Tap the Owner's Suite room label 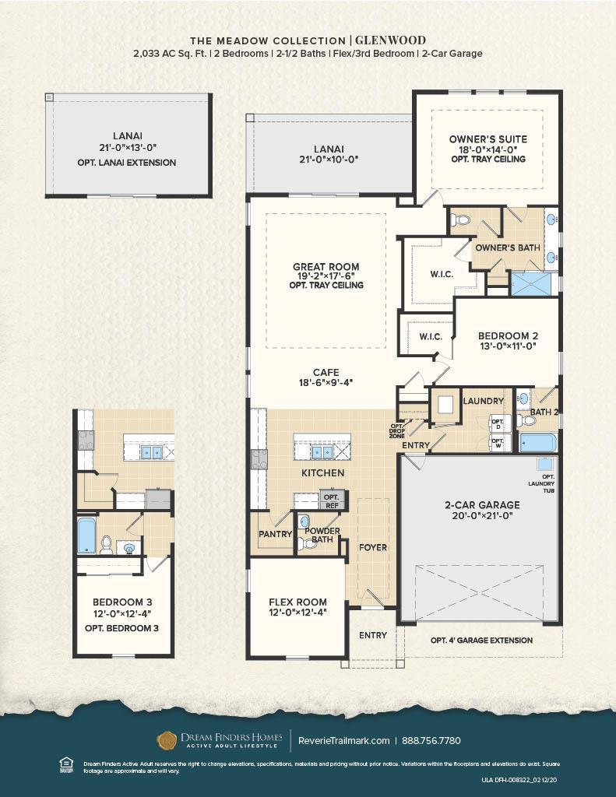point(488,139)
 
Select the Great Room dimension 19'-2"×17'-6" point(327,276)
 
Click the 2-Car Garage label point(477,504)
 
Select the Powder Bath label point(322,535)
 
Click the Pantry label point(275,535)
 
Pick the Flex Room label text point(297,602)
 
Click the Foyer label point(372,547)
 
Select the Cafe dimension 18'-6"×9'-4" point(326,383)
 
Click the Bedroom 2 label point(508,336)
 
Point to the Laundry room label point(484,401)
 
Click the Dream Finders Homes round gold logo point(167,740)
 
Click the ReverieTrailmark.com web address point(343,740)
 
